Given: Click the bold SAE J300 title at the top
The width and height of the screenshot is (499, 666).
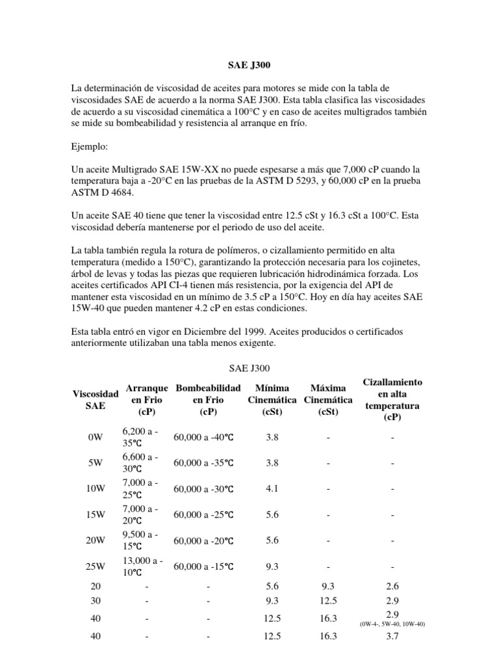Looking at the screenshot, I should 249,66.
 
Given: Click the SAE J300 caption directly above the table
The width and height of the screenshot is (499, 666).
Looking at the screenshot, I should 249,369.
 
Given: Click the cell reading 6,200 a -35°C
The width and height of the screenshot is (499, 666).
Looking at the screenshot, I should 142,438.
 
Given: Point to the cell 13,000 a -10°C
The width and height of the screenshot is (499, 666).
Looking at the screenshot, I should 142,567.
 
